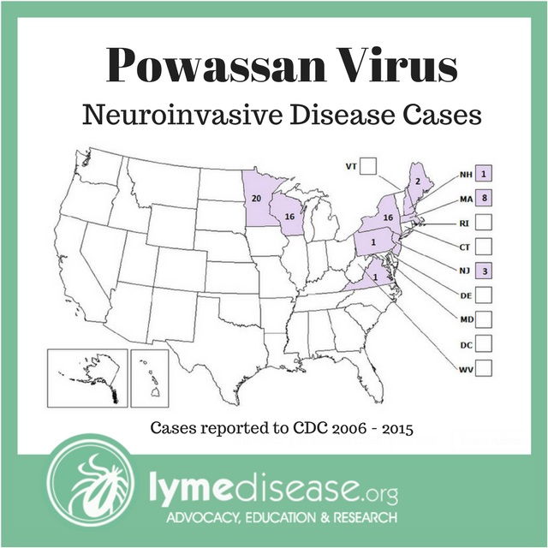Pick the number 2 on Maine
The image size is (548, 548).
pyautogui.click(x=417, y=181)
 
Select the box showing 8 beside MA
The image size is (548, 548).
pyautogui.click(x=483, y=198)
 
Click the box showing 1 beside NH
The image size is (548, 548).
pyautogui.click(x=483, y=174)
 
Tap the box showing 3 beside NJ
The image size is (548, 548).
pyautogui.click(x=483, y=271)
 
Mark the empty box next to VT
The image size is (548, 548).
pyautogui.click(x=370, y=165)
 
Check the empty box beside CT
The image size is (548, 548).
pyautogui.click(x=483, y=247)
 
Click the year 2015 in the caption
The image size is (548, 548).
pyautogui.click(x=395, y=426)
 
